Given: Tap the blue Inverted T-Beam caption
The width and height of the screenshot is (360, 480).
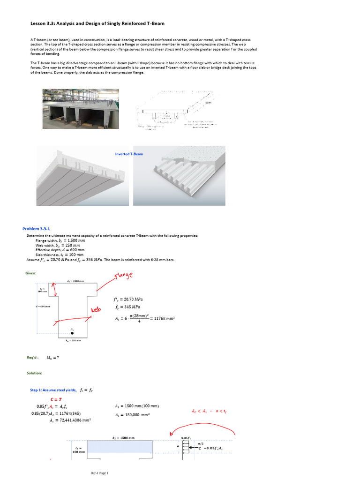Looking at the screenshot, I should tap(129, 154).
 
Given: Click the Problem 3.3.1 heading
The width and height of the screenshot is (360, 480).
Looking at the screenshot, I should tap(39, 228).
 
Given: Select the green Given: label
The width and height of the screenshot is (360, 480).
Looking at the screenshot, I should tap(31, 273).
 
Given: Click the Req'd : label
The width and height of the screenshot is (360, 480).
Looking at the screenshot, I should tap(32, 358).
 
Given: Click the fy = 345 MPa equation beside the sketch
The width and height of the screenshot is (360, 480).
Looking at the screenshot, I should tap(127, 307).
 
